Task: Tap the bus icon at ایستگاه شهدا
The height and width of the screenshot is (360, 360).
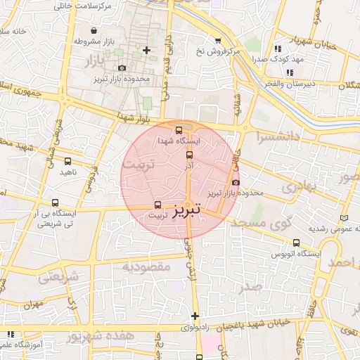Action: point(179,130)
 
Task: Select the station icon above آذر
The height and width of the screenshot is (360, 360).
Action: point(188,155)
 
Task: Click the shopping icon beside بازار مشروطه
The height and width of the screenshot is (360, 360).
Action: point(75,41)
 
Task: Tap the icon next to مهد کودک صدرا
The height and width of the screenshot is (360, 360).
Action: point(278,49)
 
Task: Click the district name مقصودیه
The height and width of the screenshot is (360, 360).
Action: point(146,266)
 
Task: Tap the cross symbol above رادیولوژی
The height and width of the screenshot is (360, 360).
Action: point(195,316)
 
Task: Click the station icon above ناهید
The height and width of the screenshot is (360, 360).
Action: point(67,160)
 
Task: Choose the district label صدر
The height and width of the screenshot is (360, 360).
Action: point(251,288)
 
